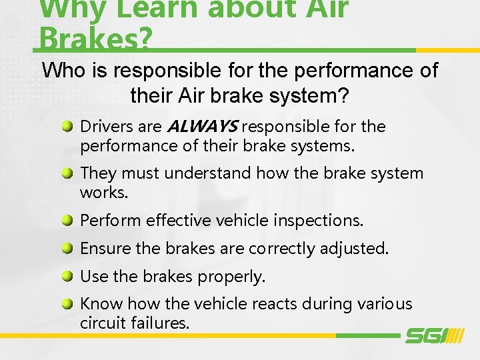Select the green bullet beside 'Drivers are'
click(x=69, y=127)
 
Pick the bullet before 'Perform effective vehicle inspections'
click(x=69, y=221)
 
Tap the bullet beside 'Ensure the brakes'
click(x=69, y=249)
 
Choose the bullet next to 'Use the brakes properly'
click(x=69, y=276)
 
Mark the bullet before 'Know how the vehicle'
click(x=69, y=304)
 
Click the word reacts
click(x=277, y=304)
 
